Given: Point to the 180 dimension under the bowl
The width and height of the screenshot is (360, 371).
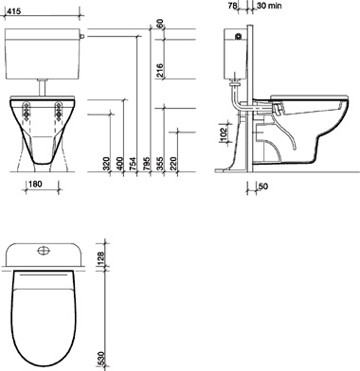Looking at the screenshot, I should coord(36,185).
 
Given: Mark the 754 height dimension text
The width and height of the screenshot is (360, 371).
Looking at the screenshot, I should coord(133,164).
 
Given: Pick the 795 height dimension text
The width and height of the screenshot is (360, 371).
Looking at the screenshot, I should coord(146,164).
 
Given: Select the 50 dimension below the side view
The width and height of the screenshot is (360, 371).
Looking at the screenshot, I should coord(262,186).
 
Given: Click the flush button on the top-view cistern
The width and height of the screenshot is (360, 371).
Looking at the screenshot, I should coord(42,253).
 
